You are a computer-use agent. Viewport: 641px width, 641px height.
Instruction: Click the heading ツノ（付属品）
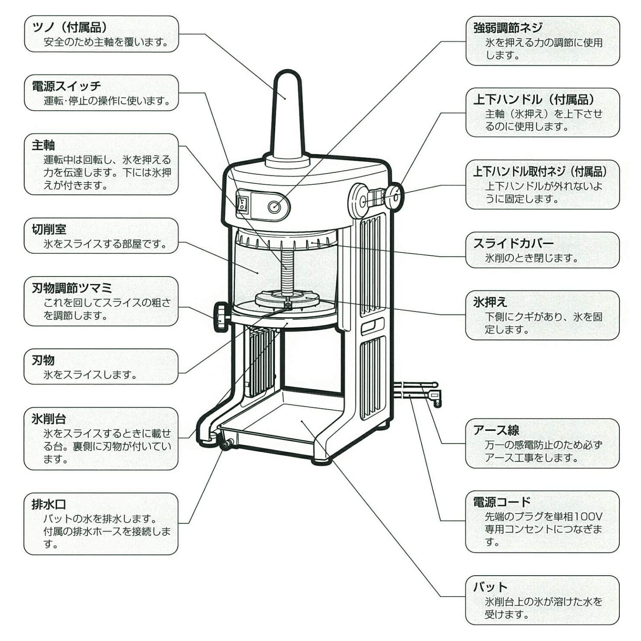pyautogui.click(x=69, y=28)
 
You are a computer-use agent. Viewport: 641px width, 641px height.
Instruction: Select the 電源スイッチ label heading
pyautogui.click(x=66, y=86)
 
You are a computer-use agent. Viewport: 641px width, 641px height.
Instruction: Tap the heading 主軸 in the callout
pyautogui.click(x=43, y=145)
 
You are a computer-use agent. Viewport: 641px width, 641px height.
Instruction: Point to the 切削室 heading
pyautogui.click(x=49, y=229)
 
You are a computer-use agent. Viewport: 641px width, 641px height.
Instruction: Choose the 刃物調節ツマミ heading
pyautogui.click(x=72, y=288)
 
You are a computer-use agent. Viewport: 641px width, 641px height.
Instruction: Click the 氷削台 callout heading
pyautogui.click(x=49, y=419)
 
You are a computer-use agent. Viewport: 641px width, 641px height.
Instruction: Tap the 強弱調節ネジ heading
pyautogui.click(x=507, y=28)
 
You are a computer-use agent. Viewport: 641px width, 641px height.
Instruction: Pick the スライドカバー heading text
pyautogui.click(x=513, y=243)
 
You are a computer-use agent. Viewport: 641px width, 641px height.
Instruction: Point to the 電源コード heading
pyautogui.click(x=502, y=502)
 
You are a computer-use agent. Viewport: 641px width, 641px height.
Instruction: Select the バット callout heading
pyautogui.click(x=490, y=587)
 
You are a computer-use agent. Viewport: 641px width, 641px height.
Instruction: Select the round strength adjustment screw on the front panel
pyautogui.click(x=274, y=207)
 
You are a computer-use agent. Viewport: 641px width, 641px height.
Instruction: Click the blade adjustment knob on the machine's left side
pyautogui.click(x=221, y=317)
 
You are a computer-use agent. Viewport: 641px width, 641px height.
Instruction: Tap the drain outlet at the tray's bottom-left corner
pyautogui.click(x=226, y=445)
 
